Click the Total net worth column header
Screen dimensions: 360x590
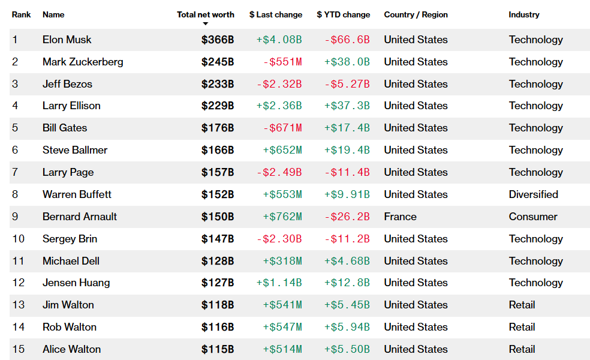(206, 14)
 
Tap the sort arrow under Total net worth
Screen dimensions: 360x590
(206, 24)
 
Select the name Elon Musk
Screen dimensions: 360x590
(67, 40)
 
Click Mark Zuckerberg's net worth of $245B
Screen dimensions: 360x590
(218, 62)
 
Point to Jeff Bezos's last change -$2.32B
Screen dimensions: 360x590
(279, 84)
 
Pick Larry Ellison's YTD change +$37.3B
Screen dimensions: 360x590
(347, 106)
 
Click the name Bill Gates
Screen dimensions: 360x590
(65, 128)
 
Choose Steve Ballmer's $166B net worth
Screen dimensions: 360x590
(218, 150)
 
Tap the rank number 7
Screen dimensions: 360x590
(15, 172)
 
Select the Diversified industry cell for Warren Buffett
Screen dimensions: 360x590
(534, 194)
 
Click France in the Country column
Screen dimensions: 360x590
(401, 217)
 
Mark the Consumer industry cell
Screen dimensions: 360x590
(533, 217)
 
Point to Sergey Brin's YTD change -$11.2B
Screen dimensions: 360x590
(347, 239)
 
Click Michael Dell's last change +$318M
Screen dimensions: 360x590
(282, 261)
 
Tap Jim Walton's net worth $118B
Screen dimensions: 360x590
(218, 305)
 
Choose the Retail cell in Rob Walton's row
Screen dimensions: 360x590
(522, 327)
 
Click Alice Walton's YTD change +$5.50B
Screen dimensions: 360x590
(347, 349)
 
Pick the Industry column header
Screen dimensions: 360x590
(524, 14)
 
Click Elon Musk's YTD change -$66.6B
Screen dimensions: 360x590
(347, 40)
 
